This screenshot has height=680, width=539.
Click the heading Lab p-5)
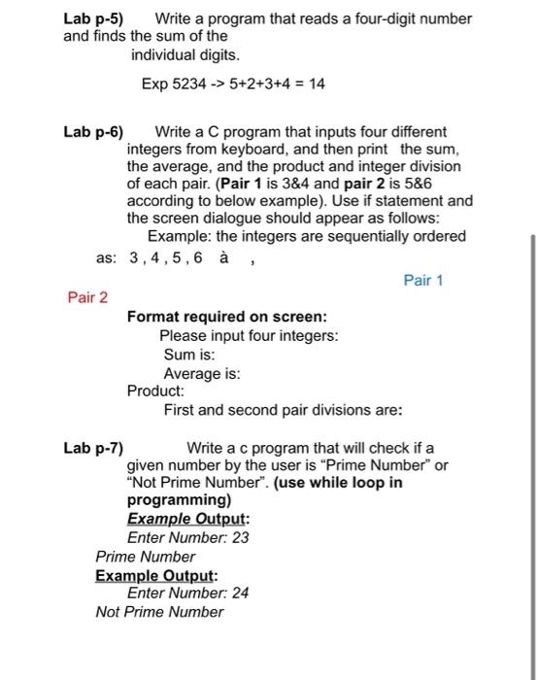click(x=93, y=18)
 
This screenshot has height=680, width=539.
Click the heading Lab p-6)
click(x=93, y=131)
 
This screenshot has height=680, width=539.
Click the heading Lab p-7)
click(x=93, y=448)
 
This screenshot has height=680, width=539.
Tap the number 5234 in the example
click(x=189, y=85)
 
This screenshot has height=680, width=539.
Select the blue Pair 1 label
click(x=422, y=281)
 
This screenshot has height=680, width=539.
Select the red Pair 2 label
click(x=87, y=298)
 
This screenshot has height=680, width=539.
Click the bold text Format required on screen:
click(x=226, y=317)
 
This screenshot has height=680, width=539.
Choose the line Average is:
click(x=202, y=373)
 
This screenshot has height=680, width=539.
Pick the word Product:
click(x=157, y=391)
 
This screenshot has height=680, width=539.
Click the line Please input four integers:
click(x=249, y=336)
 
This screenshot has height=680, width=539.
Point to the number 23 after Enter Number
click(x=241, y=538)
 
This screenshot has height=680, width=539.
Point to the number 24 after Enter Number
click(x=241, y=593)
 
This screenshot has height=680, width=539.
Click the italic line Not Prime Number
click(x=159, y=612)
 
